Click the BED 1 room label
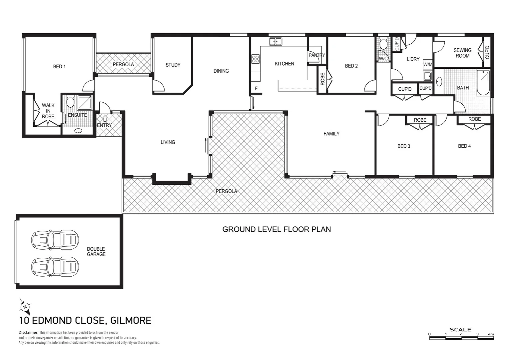[59, 66]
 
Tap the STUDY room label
[173, 65]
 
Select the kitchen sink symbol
[275, 42]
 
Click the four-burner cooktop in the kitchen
[255, 59]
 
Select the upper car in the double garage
[55, 239]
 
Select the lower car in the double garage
[55, 266]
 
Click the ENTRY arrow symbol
[105, 118]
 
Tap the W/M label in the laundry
[427, 64]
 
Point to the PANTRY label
[316, 55]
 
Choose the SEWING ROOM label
[462, 53]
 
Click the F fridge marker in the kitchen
[256, 89]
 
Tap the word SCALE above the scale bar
[460, 329]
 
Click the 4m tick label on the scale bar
[490, 334]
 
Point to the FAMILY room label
[331, 134]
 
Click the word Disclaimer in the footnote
[28, 332]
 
